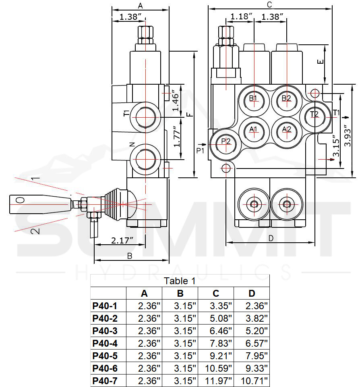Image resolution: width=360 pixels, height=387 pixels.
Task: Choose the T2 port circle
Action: pos(314,114)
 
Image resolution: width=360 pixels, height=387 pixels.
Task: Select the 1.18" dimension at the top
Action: pos(241,17)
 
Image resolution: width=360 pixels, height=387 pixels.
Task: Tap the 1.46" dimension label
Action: pos(176,101)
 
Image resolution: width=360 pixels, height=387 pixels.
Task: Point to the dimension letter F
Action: pos(190,114)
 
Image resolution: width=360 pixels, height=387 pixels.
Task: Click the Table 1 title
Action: pos(180,281)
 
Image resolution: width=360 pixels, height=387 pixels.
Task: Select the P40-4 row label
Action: pos(105,343)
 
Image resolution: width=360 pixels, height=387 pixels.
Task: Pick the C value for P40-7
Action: pos(219,380)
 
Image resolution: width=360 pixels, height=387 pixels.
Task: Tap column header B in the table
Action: pos(180,293)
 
